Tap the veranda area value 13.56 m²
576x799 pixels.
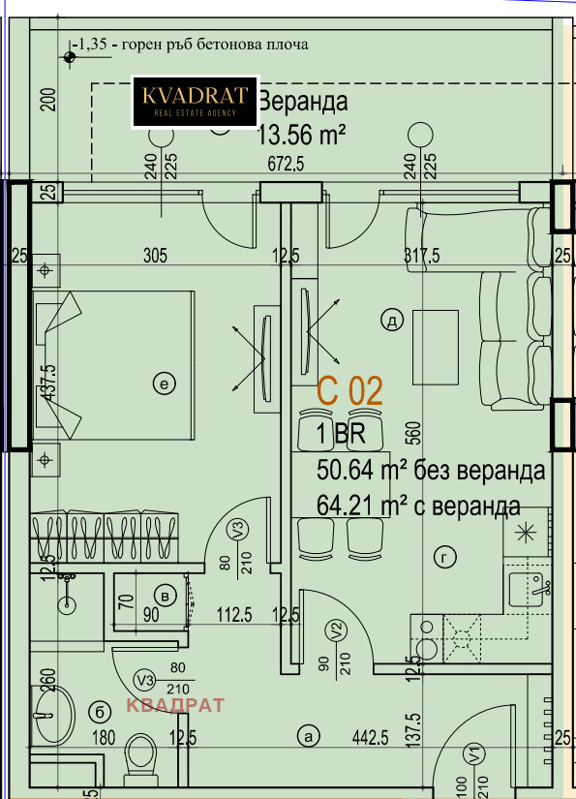tap(301, 134)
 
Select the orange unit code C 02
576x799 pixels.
tap(350, 391)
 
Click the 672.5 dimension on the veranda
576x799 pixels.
tap(286, 165)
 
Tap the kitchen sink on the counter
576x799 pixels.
tap(532, 585)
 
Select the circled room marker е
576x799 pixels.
tap(164, 385)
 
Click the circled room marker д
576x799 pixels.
tap(391, 322)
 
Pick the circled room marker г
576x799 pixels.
tap(446, 556)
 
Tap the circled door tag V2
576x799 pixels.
tap(336, 630)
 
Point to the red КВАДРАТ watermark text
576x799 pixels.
tap(175, 705)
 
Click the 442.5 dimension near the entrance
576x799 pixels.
tap(368, 738)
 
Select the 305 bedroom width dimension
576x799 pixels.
tap(155, 256)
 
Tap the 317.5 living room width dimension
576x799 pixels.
tap(421, 256)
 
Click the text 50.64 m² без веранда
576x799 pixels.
tap(431, 472)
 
